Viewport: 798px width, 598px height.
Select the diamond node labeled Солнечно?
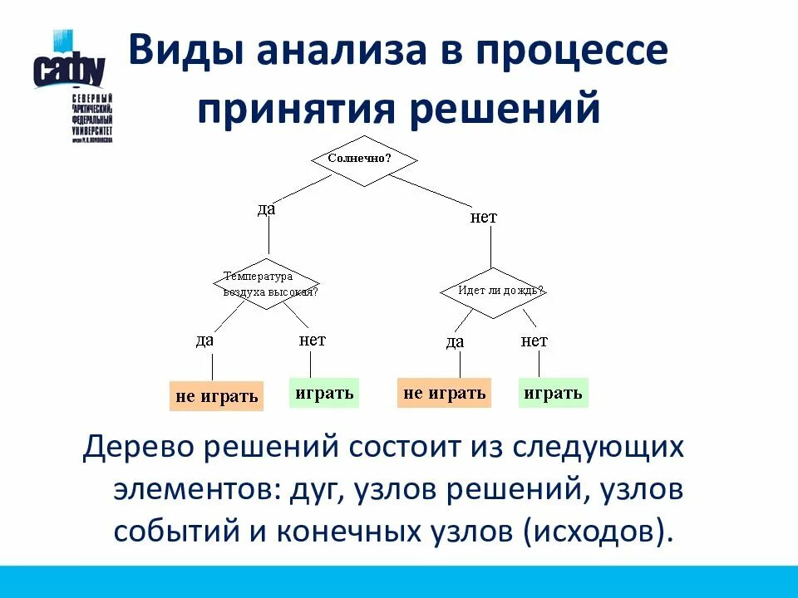point(363,158)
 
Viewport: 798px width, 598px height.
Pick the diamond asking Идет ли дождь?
point(492,292)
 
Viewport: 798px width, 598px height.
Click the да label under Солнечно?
point(266,209)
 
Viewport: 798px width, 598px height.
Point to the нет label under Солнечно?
point(483,218)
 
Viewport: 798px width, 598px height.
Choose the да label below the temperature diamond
point(204,340)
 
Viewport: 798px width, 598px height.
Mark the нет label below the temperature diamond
point(312,340)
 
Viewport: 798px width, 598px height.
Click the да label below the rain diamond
point(455,341)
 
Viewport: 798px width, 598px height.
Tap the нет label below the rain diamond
point(534,341)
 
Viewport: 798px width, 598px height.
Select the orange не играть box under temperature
point(216,396)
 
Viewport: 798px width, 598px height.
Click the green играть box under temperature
point(324,393)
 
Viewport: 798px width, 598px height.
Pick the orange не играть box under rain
point(444,393)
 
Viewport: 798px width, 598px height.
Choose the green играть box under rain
point(554,393)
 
